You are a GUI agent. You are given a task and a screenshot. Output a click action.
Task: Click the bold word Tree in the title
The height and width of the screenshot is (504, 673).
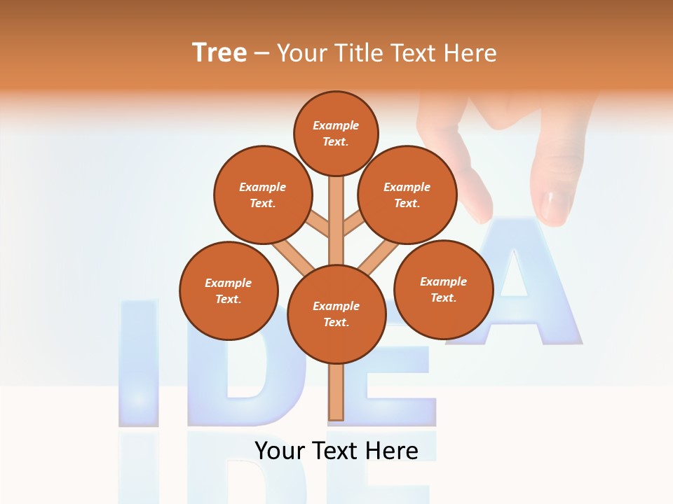coord(219,52)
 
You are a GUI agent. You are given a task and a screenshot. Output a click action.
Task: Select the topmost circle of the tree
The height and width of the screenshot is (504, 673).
coord(336,133)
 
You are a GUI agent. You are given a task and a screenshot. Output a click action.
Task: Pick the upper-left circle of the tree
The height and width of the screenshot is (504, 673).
coord(262,195)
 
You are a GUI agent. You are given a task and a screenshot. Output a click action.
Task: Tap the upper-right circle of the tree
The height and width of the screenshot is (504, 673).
coord(407,195)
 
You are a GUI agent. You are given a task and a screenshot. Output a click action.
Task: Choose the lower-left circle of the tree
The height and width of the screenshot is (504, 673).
coord(229,290)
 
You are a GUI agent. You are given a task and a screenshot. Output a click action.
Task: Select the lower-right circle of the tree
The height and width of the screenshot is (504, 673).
coord(443,288)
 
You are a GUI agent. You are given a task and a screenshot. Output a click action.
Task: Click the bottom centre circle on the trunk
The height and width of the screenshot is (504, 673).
coord(336,314)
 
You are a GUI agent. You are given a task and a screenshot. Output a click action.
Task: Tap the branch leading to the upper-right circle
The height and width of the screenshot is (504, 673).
coord(353,225)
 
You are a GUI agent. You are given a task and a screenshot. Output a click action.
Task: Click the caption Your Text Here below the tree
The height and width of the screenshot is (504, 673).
coord(336,450)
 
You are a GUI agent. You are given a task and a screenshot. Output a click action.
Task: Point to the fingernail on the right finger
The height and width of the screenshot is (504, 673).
coord(556,206)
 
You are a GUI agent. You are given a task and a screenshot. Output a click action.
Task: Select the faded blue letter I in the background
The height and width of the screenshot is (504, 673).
coord(139,364)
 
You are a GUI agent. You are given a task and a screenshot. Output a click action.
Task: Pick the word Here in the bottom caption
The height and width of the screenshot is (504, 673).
coord(390,450)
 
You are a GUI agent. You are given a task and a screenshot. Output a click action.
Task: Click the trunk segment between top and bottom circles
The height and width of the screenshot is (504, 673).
coord(336,217)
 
